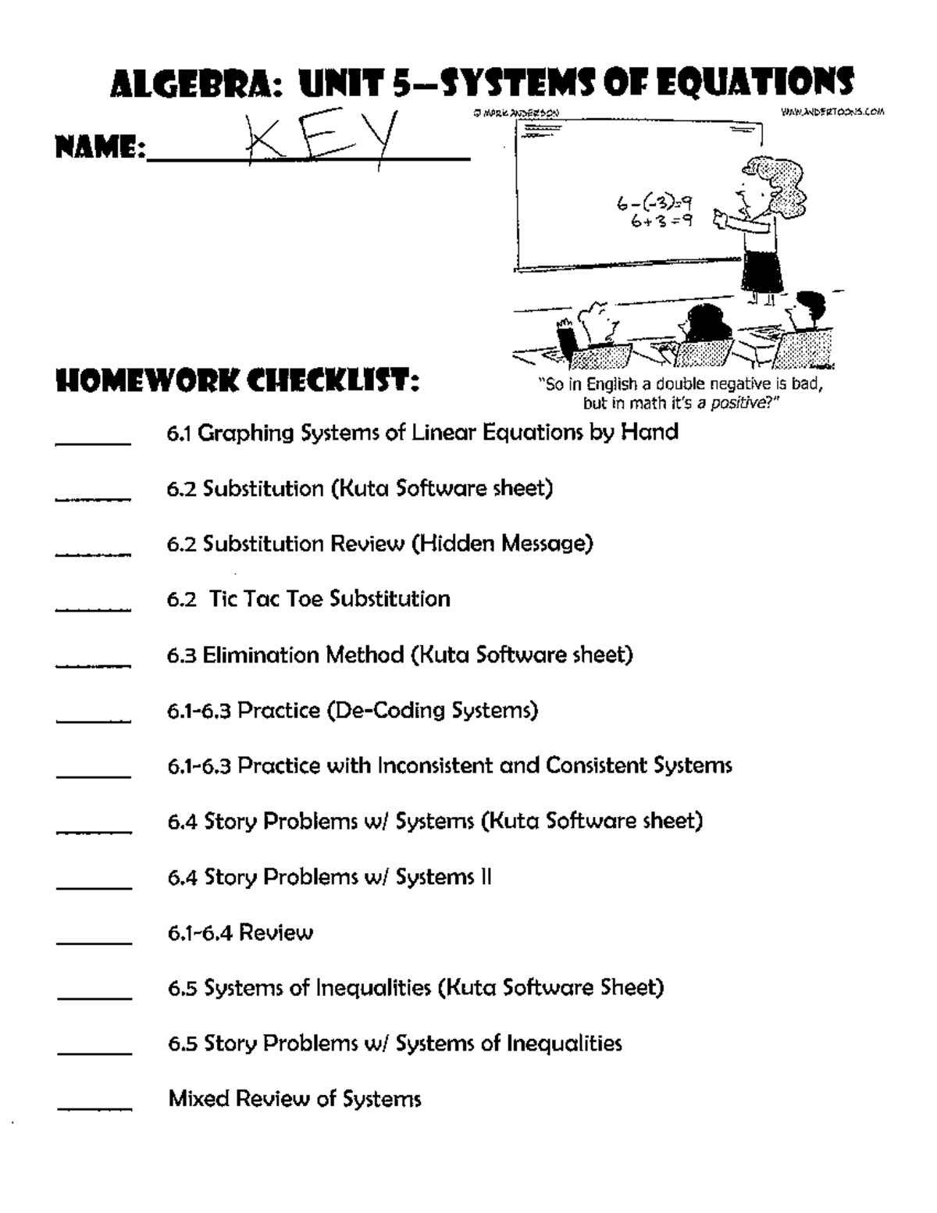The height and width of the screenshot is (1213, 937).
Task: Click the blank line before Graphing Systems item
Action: coord(93,442)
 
